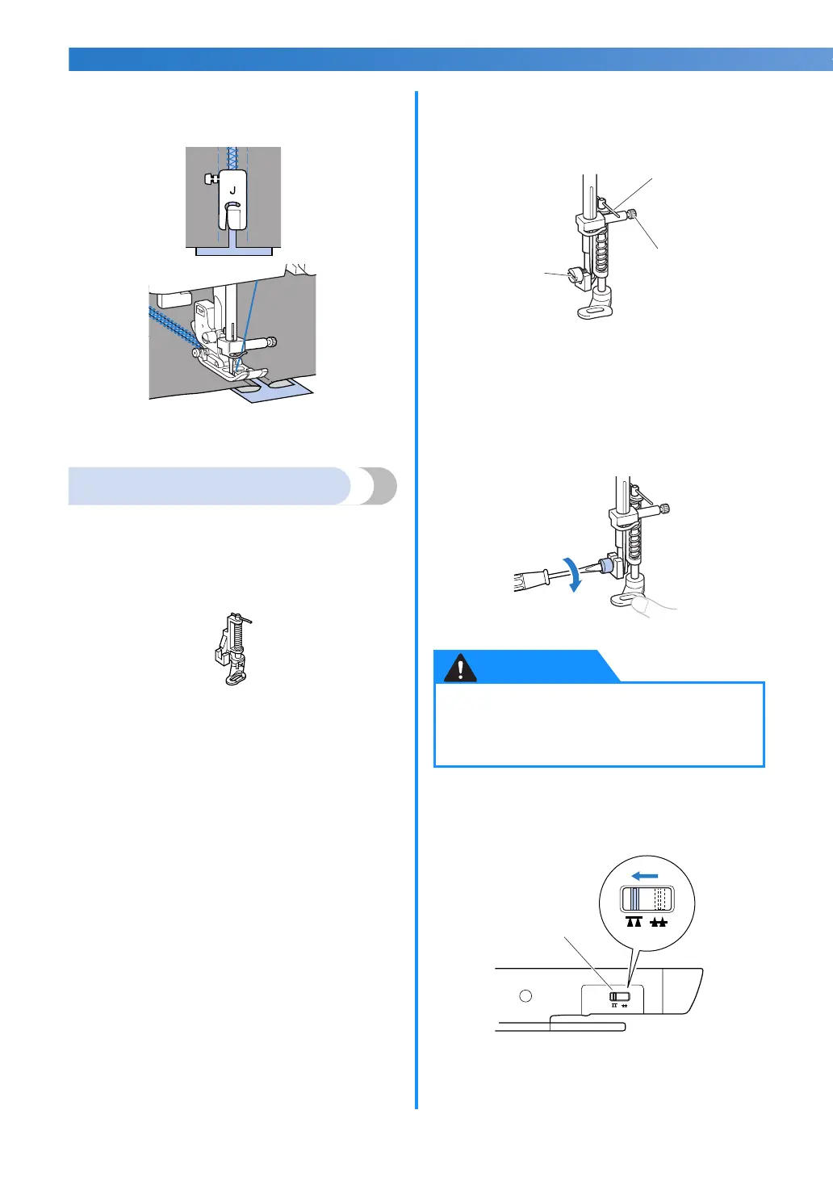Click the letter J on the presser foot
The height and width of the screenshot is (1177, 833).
232,191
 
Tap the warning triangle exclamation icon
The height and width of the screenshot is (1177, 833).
461,668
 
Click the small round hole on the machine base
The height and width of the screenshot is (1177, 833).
525,995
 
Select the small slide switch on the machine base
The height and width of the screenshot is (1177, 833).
619,997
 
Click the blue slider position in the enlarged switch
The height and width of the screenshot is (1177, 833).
635,899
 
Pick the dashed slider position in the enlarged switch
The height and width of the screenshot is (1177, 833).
662,899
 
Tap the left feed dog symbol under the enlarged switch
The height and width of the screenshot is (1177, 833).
634,922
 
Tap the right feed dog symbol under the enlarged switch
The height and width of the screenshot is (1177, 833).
659,922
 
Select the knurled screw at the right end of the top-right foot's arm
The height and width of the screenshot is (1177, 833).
635,213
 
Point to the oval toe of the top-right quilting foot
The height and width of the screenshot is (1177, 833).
596,310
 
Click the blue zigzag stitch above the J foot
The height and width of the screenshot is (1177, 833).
232,157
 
